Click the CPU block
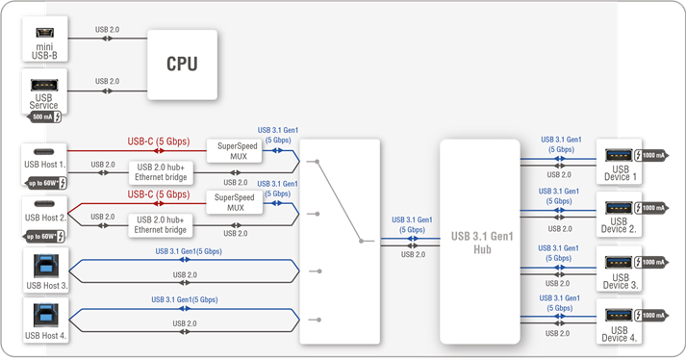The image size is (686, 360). click(182, 64)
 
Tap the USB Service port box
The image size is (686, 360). click(43, 92)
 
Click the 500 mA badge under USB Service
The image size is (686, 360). click(45, 116)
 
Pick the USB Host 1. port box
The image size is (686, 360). click(43, 162)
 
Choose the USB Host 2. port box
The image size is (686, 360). click(43, 214)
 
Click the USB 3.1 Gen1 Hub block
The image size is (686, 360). click(479, 241)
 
